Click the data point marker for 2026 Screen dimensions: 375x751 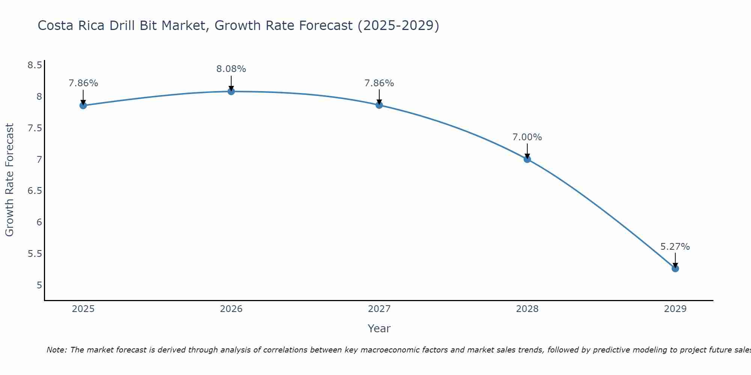[x=231, y=91]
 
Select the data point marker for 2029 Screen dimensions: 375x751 [x=675, y=268]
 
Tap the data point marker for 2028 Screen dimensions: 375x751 [x=527, y=159]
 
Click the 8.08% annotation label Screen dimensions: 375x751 [x=231, y=69]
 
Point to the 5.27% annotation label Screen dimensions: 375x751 [x=675, y=247]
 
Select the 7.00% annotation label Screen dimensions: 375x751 [x=527, y=137]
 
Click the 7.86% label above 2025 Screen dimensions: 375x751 [x=83, y=83]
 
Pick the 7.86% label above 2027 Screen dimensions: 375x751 [x=379, y=83]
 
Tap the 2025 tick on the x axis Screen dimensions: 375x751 [x=83, y=309]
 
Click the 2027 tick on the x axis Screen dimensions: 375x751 [x=379, y=309]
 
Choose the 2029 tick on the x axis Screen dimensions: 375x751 [x=675, y=309]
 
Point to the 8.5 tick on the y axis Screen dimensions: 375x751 [x=35, y=66]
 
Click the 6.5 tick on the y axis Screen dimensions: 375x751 [x=35, y=191]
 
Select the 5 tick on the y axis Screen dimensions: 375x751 [x=39, y=285]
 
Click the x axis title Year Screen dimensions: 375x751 [x=379, y=328]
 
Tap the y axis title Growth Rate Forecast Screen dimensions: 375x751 [x=9, y=180]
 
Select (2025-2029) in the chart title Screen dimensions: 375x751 [x=398, y=25]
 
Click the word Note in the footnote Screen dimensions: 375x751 [x=56, y=350]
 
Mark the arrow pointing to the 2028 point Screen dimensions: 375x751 [x=527, y=151]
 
